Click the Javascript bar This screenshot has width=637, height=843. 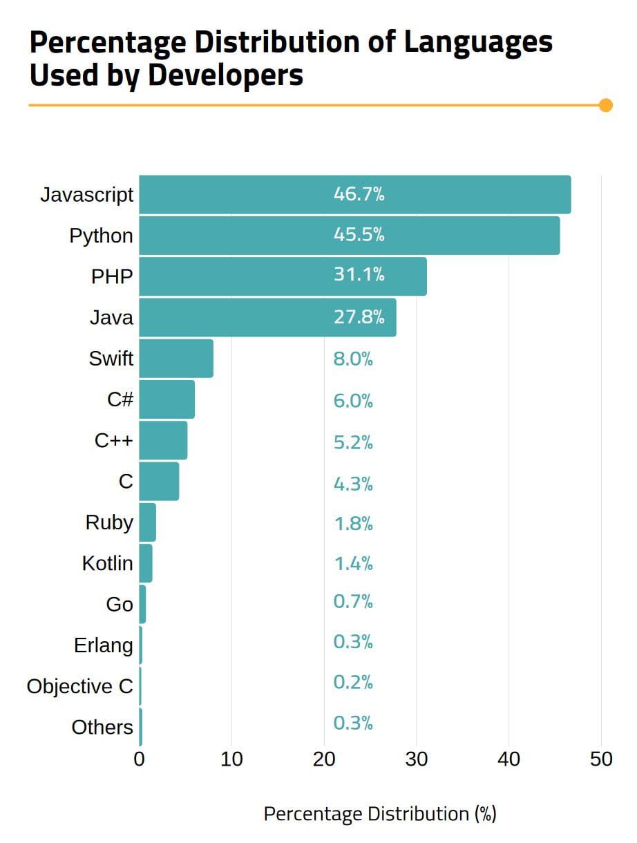pyautogui.click(x=354, y=195)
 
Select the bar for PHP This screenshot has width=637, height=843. pyautogui.click(x=283, y=276)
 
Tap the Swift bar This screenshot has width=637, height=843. pyautogui.click(x=176, y=358)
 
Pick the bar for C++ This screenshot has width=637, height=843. pyautogui.click(x=163, y=440)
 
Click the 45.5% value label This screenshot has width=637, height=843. pyautogui.click(x=359, y=235)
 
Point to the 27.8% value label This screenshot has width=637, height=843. pyautogui.click(x=359, y=317)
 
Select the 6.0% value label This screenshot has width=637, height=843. pyautogui.click(x=353, y=401)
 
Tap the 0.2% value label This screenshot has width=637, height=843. pyautogui.click(x=353, y=683)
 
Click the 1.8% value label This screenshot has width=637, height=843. pyautogui.click(x=353, y=524)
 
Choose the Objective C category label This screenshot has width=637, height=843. pyautogui.click(x=79, y=687)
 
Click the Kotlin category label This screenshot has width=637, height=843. pyautogui.click(x=107, y=564)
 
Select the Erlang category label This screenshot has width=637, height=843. pyautogui.click(x=104, y=645)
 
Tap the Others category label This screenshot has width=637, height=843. pyautogui.click(x=102, y=728)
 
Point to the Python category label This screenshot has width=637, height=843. pyautogui.click(x=101, y=236)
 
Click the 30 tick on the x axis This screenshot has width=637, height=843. pyautogui.click(x=417, y=759)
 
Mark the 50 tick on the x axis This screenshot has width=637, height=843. pyautogui.click(x=601, y=759)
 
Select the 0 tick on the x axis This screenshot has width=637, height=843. pyautogui.click(x=140, y=759)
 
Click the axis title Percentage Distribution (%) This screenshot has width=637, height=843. pyautogui.click(x=380, y=814)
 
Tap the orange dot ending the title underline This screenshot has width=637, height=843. pyautogui.click(x=606, y=105)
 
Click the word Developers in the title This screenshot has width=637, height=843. pyautogui.click(x=225, y=75)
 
